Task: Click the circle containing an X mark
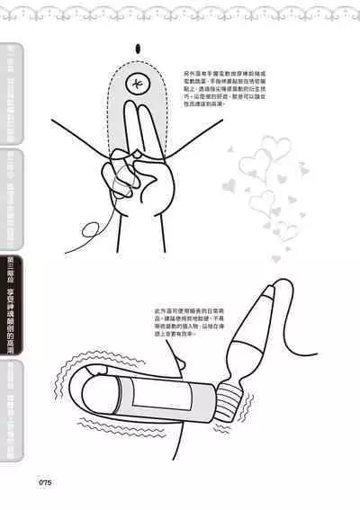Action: [x=136, y=86]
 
